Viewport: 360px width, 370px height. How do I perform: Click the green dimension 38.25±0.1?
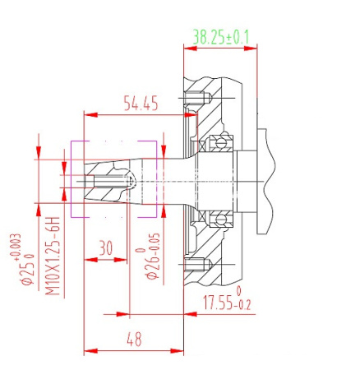click(221, 37)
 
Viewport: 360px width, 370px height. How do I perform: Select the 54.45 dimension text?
click(141, 104)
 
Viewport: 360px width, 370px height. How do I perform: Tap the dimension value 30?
click(106, 247)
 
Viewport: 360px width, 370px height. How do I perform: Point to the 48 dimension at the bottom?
click(134, 339)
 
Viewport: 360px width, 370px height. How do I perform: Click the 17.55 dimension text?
click(218, 303)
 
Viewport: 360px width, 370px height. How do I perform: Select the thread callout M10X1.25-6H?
click(53, 256)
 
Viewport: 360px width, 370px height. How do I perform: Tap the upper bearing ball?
click(220, 143)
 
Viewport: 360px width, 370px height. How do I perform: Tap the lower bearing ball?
click(220, 220)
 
